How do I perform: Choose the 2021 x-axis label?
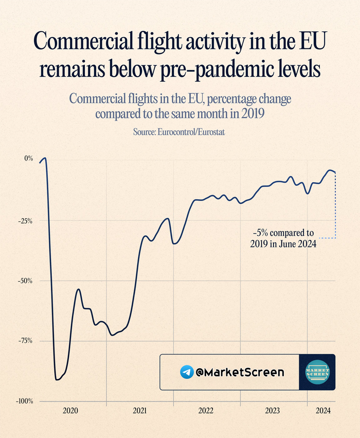click(x=139, y=411)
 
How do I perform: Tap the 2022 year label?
click(x=206, y=411)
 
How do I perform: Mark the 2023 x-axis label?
click(x=273, y=411)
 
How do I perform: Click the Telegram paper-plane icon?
click(x=187, y=372)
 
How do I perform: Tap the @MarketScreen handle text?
click(x=240, y=372)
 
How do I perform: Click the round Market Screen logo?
click(x=317, y=372)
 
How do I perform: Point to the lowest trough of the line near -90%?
click(x=57, y=380)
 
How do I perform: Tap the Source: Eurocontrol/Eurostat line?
click(x=179, y=132)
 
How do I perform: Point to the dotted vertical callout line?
click(x=335, y=206)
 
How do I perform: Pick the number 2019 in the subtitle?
click(x=250, y=113)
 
